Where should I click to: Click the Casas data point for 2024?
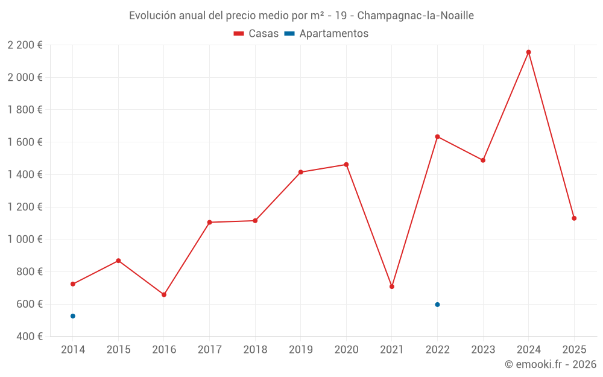coord(528,52)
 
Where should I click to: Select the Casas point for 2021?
coord(392,287)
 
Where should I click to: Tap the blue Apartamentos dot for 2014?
coord(73,316)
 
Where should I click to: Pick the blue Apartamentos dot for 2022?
coord(437,305)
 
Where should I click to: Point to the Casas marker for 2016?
coord(164,294)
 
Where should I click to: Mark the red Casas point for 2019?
coord(301,173)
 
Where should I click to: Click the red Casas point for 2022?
coord(437,136)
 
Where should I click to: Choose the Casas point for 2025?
coord(574,218)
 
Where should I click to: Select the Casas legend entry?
coord(256,34)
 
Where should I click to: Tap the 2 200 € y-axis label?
coord(25,45)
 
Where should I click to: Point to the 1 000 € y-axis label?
coord(25,239)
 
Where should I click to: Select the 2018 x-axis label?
coord(255,350)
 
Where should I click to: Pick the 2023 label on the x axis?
coord(483,350)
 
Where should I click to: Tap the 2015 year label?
coord(118,350)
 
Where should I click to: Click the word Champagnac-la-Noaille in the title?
coord(415,15)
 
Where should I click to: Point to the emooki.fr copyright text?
coord(550,364)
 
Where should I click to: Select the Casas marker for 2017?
coord(209,223)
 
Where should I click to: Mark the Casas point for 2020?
coord(346,165)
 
